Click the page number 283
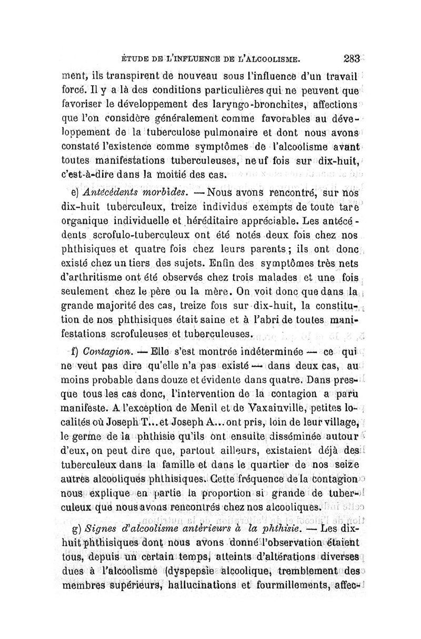pos(350,59)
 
